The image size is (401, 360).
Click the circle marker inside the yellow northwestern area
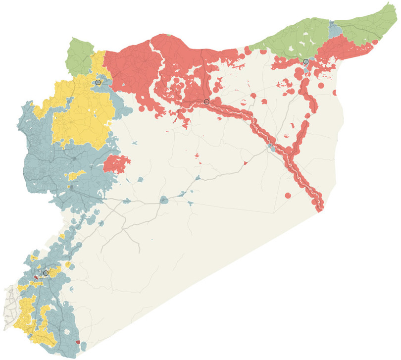click(98, 82)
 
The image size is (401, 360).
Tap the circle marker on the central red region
click(206, 102)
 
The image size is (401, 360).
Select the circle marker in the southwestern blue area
click(46, 273)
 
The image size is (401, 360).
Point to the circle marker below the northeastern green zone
click(306, 61)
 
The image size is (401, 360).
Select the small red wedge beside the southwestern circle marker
click(36, 278)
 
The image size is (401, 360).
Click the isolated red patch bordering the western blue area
click(117, 164)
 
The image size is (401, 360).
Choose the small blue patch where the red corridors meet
click(272, 148)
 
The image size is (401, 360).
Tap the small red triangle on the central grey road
click(245, 163)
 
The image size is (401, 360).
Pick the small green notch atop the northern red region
click(169, 35)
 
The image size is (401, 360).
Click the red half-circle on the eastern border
click(335, 92)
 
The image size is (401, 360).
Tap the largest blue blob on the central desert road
click(163, 200)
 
